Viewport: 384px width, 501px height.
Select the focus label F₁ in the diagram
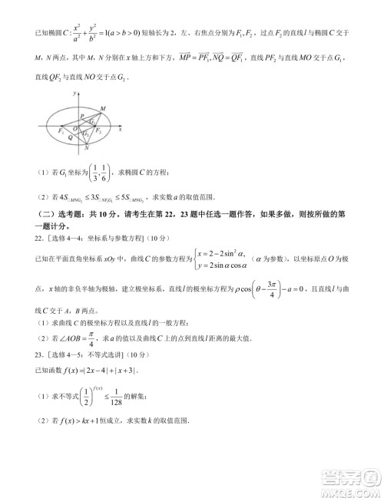(x=60, y=131)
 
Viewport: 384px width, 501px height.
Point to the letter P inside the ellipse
(x=81, y=115)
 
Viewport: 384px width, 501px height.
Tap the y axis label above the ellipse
(x=74, y=92)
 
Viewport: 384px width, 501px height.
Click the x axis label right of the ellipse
(x=121, y=131)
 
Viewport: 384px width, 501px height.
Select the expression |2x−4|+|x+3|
(x=111, y=371)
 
